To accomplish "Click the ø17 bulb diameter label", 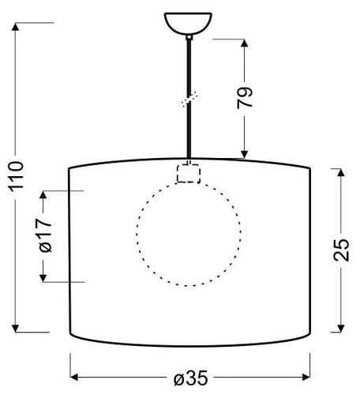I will (45, 235).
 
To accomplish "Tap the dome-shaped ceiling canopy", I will (189, 23).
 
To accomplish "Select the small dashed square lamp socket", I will (189, 173).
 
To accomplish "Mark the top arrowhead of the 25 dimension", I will (340, 173).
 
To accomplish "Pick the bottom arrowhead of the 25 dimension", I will (340, 325).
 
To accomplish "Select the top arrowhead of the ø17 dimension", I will (45, 197).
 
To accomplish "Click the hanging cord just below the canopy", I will (189, 51).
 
